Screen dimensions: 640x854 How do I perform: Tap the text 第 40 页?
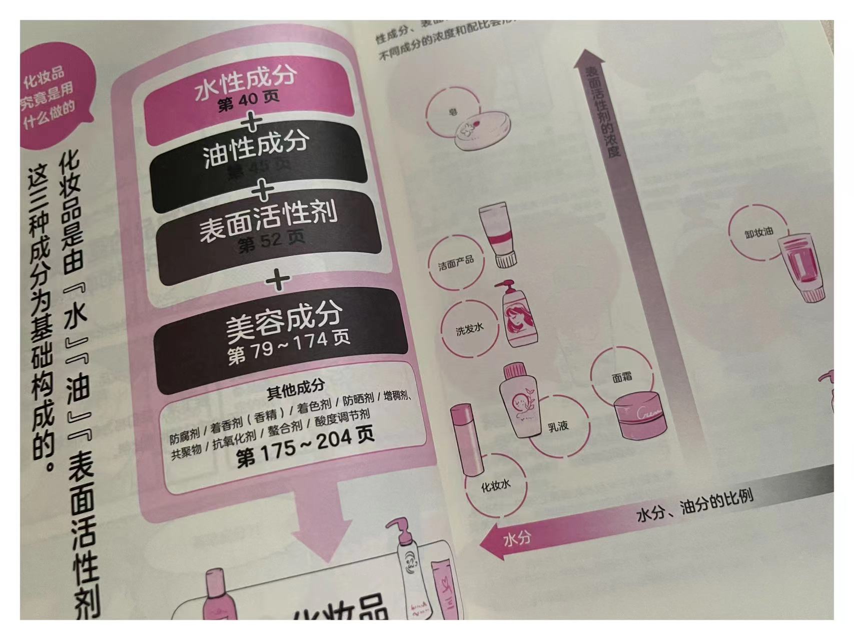[249, 101]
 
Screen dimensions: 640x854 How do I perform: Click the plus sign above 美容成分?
[278, 280]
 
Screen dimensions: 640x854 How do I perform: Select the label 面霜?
[622, 377]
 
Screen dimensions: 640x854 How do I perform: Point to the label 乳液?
[558, 426]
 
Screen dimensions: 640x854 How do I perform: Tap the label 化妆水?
[495, 485]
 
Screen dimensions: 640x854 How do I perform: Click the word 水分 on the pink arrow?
[517, 539]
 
